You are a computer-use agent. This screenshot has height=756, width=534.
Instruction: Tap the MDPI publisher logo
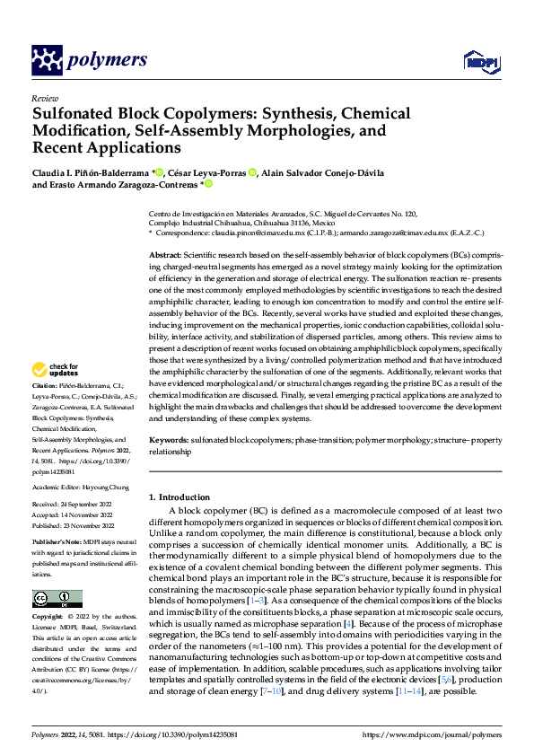[x=477, y=61]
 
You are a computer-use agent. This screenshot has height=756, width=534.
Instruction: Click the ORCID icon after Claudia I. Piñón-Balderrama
[x=159, y=172]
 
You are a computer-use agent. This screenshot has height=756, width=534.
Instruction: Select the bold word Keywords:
[x=171, y=441]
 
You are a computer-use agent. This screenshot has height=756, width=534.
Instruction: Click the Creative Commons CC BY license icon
[x=57, y=599]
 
